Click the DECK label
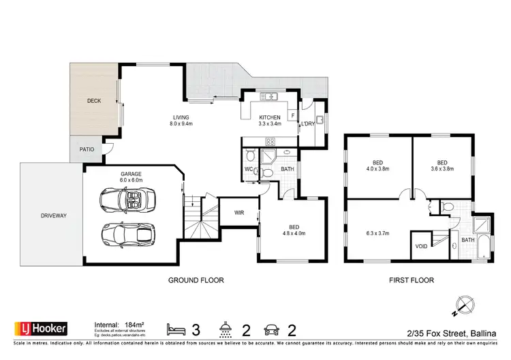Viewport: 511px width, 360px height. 94,101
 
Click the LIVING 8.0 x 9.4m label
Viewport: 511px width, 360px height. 181,121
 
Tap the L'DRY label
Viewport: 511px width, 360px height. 308,123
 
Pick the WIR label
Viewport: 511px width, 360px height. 239,212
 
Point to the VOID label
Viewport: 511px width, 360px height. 421,246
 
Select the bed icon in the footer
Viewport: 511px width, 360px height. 176,329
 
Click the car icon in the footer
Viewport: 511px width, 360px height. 272,329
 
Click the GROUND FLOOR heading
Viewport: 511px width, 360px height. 196,280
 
